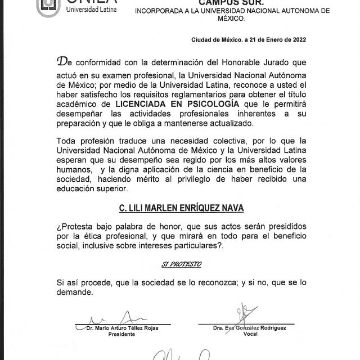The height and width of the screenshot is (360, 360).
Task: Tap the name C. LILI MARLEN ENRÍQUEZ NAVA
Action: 181,208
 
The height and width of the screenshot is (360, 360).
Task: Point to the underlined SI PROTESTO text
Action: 181,263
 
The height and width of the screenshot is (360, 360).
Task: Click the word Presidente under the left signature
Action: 122,334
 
